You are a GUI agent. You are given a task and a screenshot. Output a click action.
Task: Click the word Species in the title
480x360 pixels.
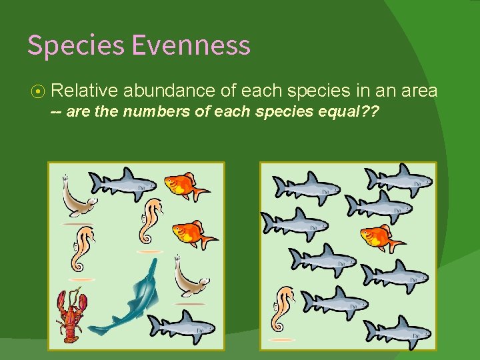(76, 45)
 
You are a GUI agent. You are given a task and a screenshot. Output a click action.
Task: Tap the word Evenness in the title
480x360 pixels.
(191, 45)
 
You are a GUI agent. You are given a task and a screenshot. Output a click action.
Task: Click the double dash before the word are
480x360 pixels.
(57, 111)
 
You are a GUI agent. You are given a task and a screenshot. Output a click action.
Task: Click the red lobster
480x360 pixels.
(71, 315)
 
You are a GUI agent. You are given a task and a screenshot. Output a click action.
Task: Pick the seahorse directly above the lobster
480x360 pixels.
(84, 248)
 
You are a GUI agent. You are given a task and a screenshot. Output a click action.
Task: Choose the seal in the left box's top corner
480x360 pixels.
(77, 199)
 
